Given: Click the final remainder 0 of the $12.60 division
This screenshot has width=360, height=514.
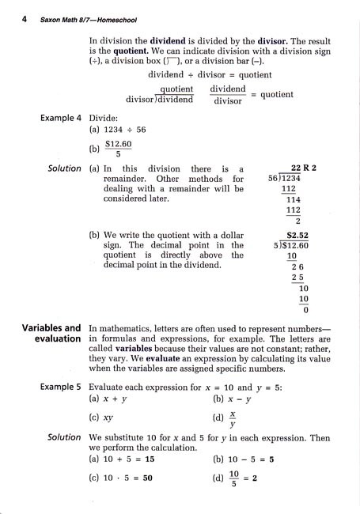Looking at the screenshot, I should point(305,309).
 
